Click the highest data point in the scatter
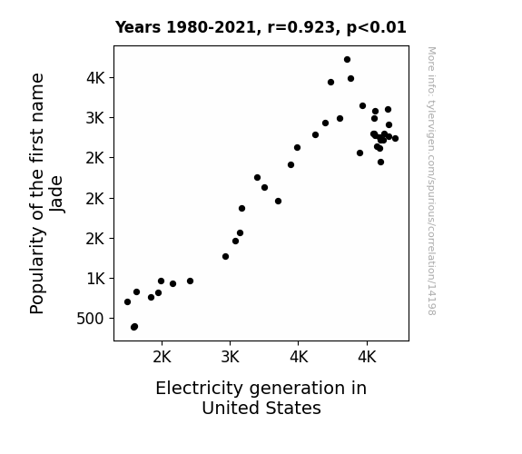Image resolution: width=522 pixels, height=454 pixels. (x=347, y=60)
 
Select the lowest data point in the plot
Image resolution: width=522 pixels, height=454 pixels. (x=134, y=327)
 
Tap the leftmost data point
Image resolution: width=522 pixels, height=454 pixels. (x=127, y=301)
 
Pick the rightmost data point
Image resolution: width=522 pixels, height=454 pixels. (x=395, y=138)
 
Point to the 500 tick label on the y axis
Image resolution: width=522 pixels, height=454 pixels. (x=90, y=319)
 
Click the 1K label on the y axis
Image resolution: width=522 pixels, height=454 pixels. (x=96, y=279)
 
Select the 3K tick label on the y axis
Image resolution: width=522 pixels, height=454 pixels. (x=95, y=118)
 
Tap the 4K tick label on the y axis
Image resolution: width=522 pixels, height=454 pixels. (x=95, y=78)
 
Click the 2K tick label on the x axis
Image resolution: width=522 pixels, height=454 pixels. (x=163, y=358)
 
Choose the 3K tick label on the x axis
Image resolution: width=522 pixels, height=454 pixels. (x=231, y=358)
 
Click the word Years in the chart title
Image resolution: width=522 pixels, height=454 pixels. (x=138, y=27)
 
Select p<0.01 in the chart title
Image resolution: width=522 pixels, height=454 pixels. (x=377, y=27)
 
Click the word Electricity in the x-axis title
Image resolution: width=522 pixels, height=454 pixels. (x=200, y=389)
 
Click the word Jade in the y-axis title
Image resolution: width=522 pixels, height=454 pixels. (x=56, y=193)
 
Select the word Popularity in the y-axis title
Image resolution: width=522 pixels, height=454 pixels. (x=37, y=271)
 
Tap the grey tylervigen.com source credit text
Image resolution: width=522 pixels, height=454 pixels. (x=431, y=181)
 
